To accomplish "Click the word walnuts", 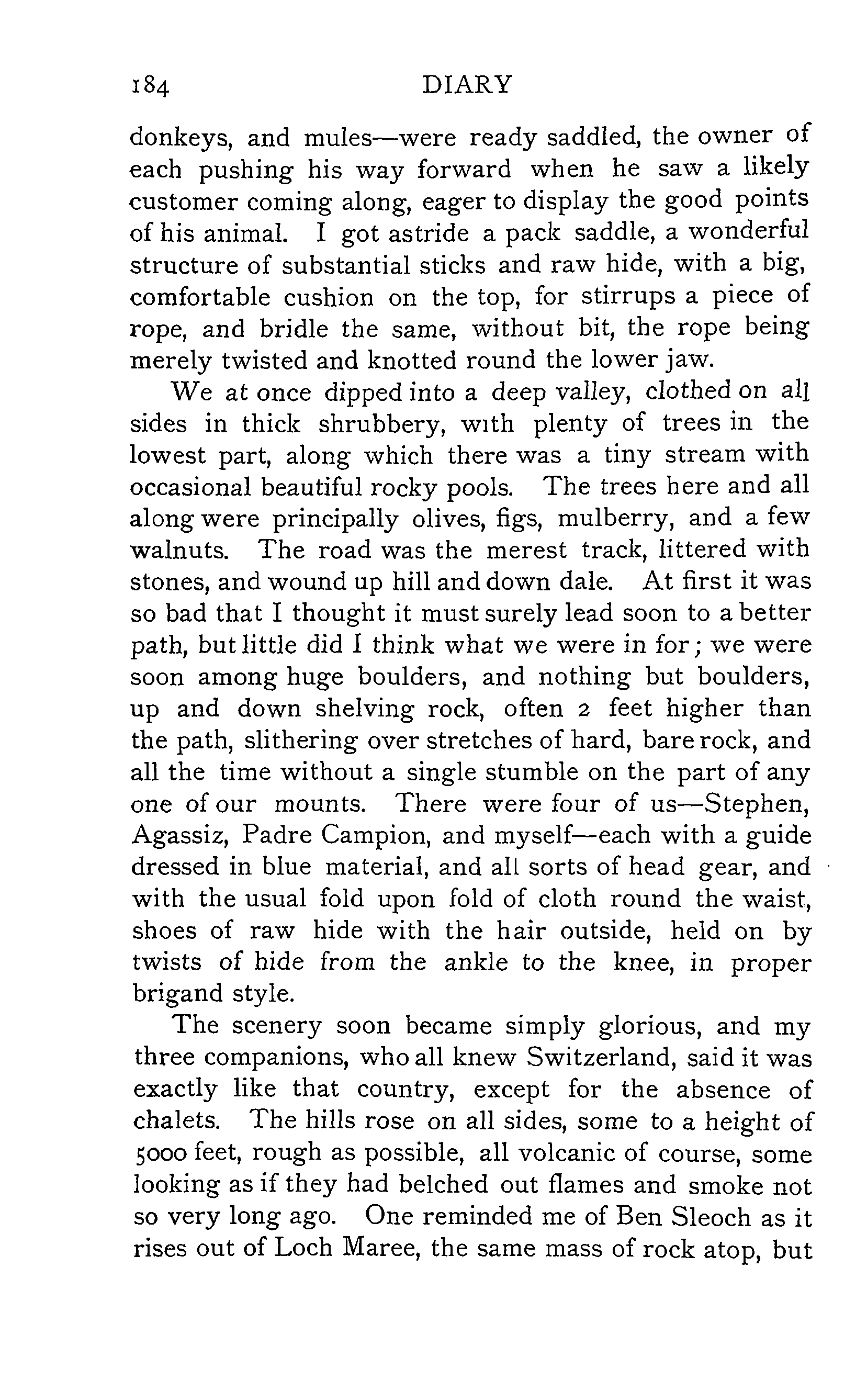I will click(179, 551).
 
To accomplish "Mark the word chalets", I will click(177, 1121).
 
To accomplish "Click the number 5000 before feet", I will click(160, 1153).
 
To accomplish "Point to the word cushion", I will click(329, 298).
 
